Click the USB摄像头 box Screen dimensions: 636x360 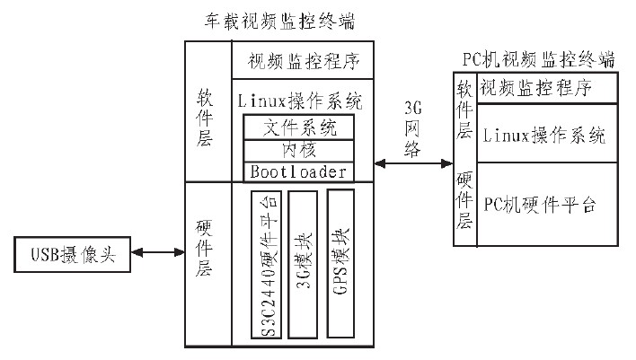(72, 254)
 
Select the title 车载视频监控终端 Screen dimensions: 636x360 (279, 21)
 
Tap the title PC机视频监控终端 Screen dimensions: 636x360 (539, 59)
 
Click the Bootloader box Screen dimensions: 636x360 (298, 171)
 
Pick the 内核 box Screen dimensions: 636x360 (298, 151)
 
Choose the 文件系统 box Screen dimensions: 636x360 (298, 127)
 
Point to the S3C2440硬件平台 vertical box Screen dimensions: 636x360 (267, 264)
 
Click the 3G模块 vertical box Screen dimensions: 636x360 (303, 264)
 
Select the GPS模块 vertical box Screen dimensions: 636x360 (340, 264)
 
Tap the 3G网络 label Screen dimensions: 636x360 (412, 129)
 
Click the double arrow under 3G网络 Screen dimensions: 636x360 (413, 163)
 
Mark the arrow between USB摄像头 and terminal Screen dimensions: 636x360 (158, 252)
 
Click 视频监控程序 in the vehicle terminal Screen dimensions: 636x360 (304, 61)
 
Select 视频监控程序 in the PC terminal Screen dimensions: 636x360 (535, 88)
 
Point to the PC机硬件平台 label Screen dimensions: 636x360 (540, 205)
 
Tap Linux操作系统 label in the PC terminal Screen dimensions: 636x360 (544, 135)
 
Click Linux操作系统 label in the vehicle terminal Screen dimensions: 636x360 (300, 101)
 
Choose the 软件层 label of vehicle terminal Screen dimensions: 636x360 (205, 118)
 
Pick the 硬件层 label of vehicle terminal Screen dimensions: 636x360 (204, 248)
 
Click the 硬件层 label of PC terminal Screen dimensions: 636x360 (464, 200)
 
